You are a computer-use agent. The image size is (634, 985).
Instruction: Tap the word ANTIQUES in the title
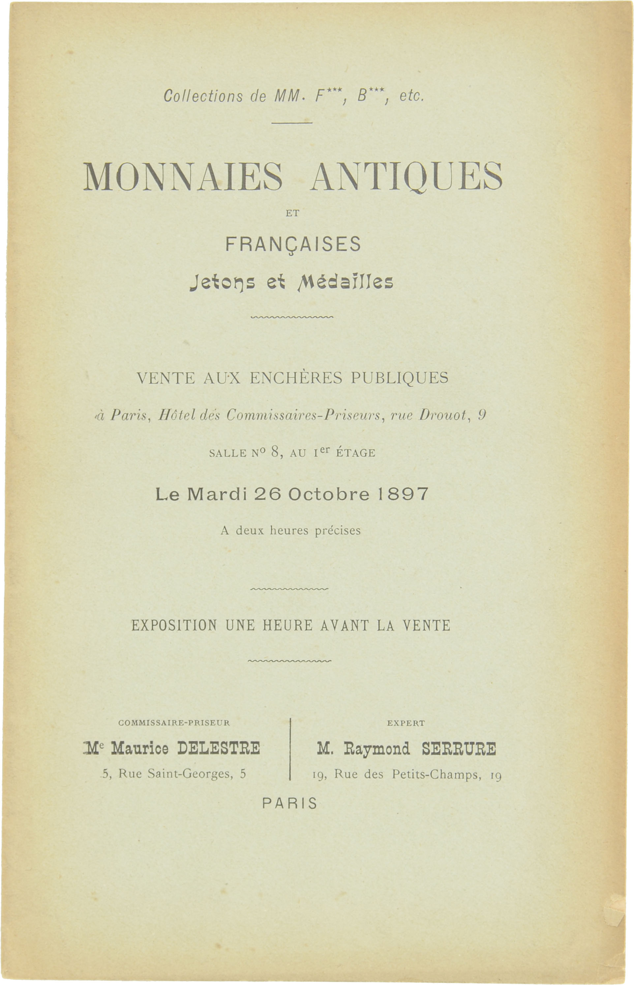[x=406, y=177]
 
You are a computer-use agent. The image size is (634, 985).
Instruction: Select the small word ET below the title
[x=292, y=213]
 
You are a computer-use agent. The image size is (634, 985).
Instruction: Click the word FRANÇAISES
[x=293, y=244]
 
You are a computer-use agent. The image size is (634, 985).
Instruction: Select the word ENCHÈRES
[x=296, y=378]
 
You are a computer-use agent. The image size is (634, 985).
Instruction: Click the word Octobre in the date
[x=328, y=494]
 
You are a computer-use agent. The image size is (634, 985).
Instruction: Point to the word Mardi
[x=217, y=494]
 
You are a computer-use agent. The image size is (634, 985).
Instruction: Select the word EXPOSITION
[x=174, y=626]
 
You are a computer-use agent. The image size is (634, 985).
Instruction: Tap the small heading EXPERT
[x=406, y=723]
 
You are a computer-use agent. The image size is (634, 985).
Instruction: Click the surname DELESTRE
[x=219, y=748]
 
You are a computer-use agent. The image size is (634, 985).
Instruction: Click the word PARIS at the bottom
[x=290, y=803]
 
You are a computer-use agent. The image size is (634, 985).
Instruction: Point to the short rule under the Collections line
[x=292, y=123]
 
